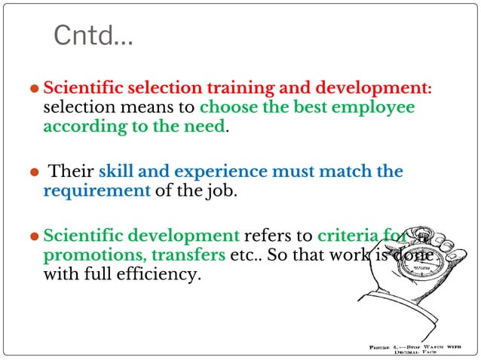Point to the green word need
pyautogui.click(x=206, y=126)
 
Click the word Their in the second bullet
pyautogui.click(x=71, y=172)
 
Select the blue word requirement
pyautogui.click(x=97, y=191)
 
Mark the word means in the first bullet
pyautogui.click(x=147, y=107)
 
